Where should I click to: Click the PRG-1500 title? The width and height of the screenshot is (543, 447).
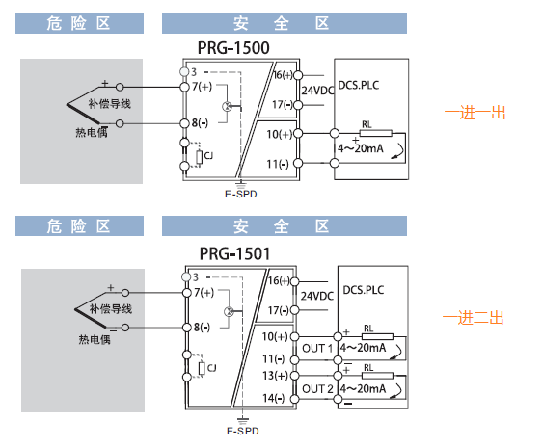[233, 48]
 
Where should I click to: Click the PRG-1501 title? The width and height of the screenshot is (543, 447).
[234, 253]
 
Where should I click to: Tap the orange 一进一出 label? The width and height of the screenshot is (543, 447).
[475, 113]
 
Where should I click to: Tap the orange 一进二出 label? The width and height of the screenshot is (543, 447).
[473, 318]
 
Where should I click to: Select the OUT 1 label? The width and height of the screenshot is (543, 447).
[317, 348]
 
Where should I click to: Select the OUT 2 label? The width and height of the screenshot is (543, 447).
[317, 389]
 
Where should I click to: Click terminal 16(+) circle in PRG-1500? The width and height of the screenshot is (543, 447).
[298, 75]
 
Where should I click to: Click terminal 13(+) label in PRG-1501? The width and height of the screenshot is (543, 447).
[275, 376]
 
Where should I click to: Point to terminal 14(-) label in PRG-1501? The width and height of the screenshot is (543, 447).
[273, 398]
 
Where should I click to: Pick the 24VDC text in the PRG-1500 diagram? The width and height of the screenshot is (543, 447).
[317, 91]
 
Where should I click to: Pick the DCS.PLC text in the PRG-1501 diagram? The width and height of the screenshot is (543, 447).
[364, 290]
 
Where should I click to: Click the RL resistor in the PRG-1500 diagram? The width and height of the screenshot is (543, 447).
[376, 133]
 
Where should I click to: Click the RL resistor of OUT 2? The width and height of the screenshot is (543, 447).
[377, 376]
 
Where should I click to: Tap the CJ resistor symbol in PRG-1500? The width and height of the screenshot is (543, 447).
[199, 157]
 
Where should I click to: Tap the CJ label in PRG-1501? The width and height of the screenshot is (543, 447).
[211, 367]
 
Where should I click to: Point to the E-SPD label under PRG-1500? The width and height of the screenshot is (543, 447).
[241, 194]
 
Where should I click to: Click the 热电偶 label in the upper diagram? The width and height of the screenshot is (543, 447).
[92, 132]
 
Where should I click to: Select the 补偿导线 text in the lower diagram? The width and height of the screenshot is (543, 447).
[111, 309]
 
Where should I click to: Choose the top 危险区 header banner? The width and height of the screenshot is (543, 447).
[79, 23]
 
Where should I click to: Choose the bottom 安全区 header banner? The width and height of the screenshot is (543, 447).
[285, 226]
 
